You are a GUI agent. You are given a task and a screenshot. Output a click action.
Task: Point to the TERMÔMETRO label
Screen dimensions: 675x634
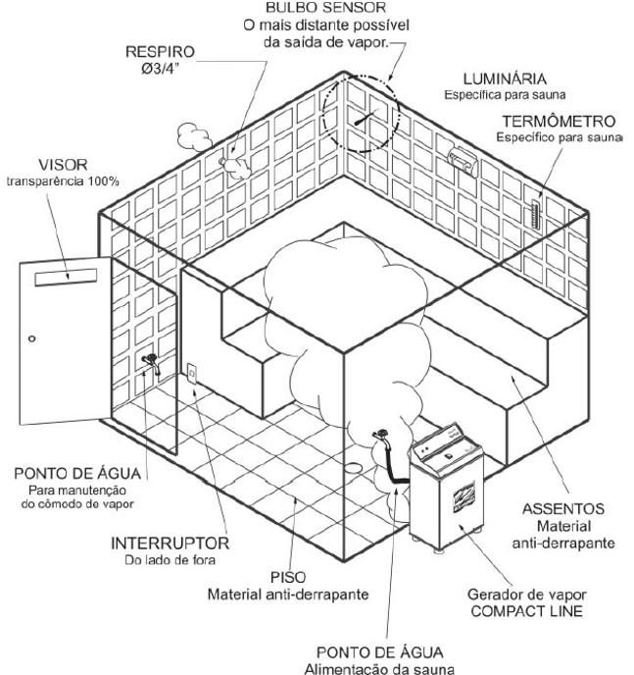click(x=559, y=122)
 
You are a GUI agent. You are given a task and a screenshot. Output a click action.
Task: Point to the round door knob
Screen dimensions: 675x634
click(x=32, y=338)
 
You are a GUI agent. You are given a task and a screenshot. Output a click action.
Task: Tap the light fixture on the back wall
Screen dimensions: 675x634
click(x=462, y=155)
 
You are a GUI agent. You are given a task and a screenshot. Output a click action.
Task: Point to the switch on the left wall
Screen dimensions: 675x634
click(x=193, y=373)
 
